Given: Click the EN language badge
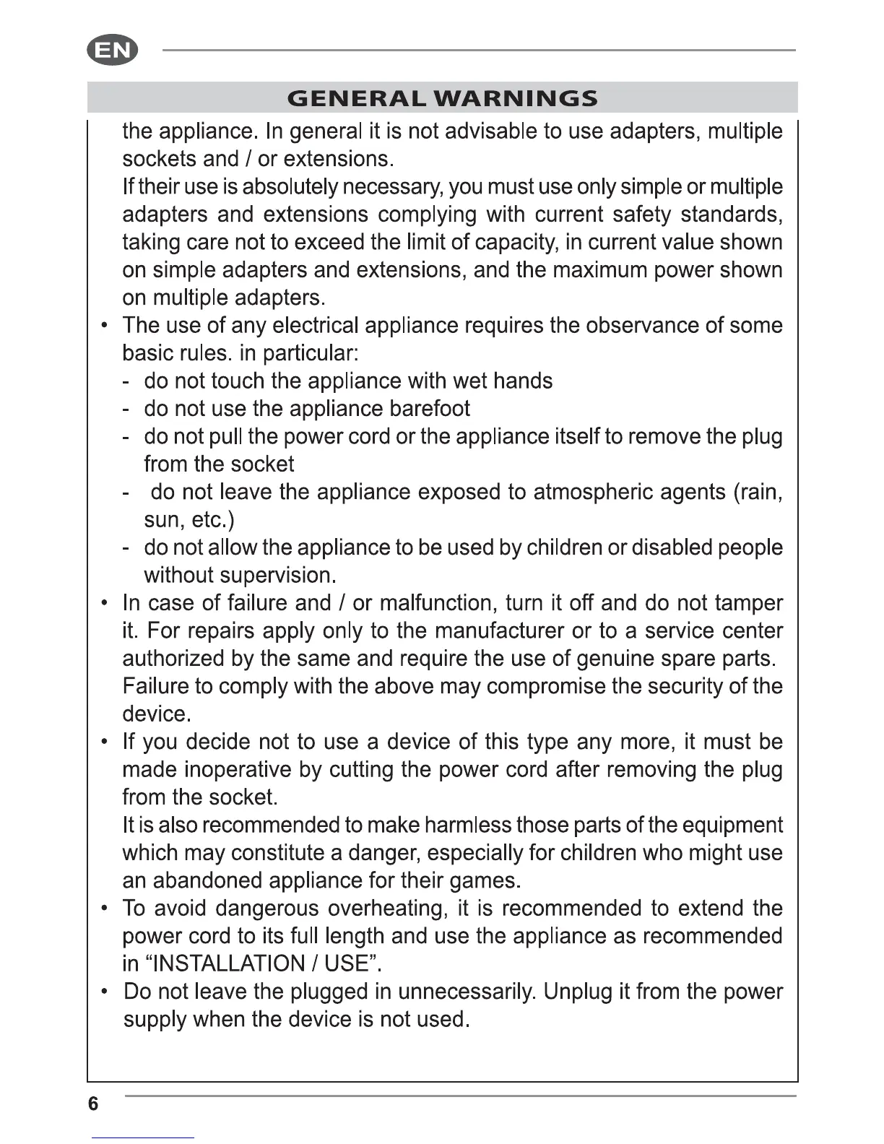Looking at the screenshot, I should tap(112, 51).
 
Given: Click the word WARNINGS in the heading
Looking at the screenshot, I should tap(517, 98).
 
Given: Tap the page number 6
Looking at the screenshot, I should tap(93, 1104).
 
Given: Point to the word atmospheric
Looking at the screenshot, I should tap(594, 492).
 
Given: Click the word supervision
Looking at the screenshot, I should tap(277, 576).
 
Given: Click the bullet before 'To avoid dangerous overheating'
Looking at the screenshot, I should tap(106, 908).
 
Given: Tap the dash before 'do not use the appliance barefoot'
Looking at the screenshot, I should tap(126, 409).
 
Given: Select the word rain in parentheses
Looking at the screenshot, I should tap(758, 492).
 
